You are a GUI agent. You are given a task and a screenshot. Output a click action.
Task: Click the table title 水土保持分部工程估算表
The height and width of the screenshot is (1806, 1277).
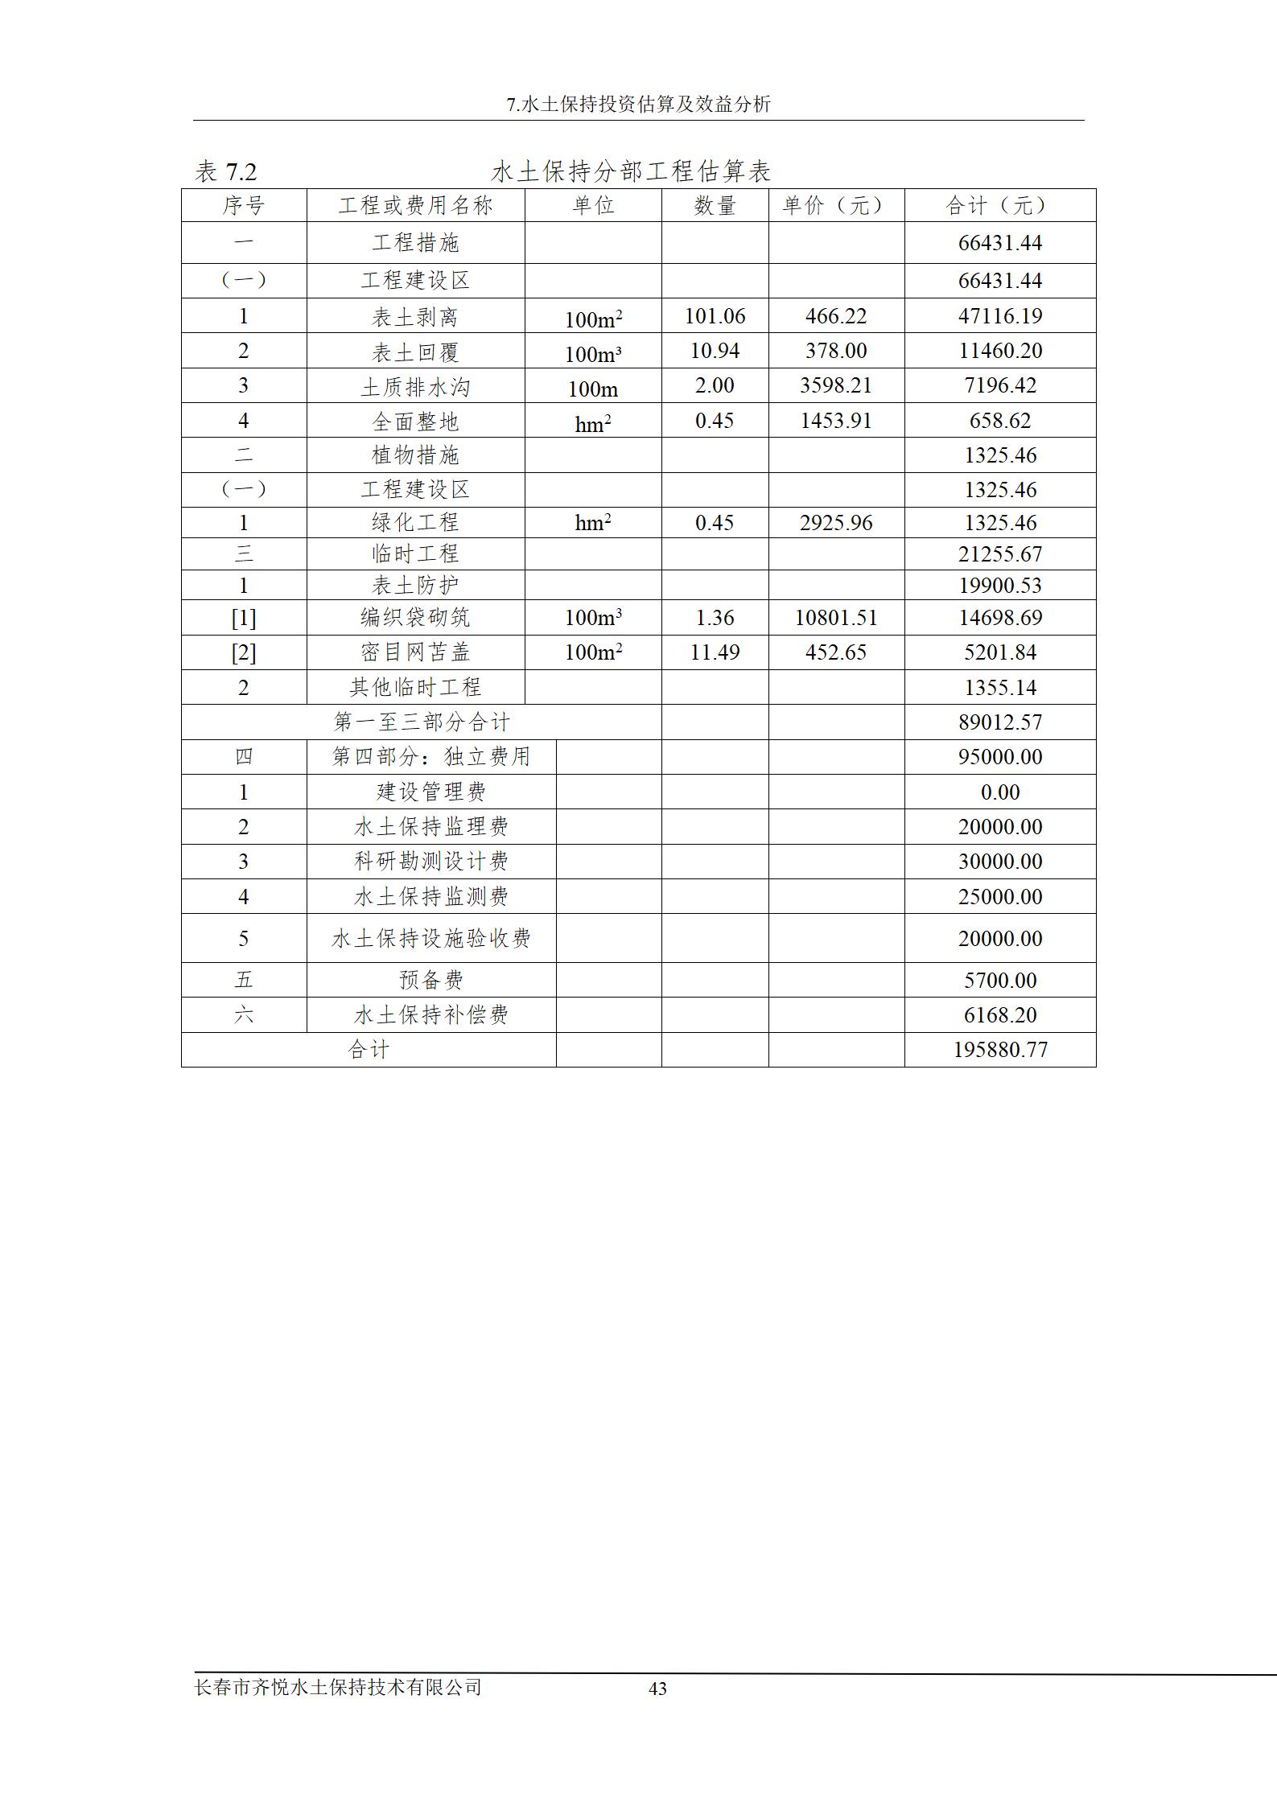pos(631,171)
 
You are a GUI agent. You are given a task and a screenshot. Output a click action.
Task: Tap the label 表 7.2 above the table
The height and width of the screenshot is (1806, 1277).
pos(225,172)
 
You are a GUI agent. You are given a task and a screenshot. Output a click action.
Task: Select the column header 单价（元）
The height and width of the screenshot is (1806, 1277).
pos(835,206)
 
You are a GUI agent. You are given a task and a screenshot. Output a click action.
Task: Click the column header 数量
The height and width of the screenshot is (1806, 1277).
pos(715,206)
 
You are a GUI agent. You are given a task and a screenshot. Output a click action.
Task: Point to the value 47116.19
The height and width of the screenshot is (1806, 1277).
pos(999,316)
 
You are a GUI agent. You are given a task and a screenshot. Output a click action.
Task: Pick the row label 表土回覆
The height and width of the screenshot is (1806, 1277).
pos(415,352)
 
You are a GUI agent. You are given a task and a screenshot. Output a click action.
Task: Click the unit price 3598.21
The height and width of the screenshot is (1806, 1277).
pos(835,385)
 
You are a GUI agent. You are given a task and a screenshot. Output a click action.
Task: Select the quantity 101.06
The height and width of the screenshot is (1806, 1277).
pos(715,316)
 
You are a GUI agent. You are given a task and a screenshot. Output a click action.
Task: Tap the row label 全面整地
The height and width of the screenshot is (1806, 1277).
pos(415,421)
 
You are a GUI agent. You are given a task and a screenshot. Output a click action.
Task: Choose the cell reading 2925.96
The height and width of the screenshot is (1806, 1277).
pos(835,523)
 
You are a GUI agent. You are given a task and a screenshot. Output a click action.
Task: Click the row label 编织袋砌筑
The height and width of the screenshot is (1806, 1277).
pos(415,618)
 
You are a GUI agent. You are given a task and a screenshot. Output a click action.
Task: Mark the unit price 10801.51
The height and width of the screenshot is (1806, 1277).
pos(835,618)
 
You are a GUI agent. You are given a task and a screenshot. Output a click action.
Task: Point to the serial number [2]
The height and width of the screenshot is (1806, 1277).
pos(243,652)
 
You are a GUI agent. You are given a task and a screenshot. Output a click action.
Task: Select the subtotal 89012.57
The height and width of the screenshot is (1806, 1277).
pos(999,722)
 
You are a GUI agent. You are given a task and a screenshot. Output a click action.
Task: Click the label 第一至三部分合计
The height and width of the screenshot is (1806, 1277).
pos(422,722)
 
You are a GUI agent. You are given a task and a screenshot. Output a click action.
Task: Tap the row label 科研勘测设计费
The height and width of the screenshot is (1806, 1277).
pos(431,862)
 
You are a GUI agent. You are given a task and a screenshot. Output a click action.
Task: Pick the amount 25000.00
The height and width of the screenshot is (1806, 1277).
pos(999,897)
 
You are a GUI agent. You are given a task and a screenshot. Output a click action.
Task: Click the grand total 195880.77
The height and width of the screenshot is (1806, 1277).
pos(999,1050)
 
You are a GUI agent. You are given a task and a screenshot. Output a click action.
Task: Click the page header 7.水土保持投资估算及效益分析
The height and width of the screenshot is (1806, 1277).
pos(639,105)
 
